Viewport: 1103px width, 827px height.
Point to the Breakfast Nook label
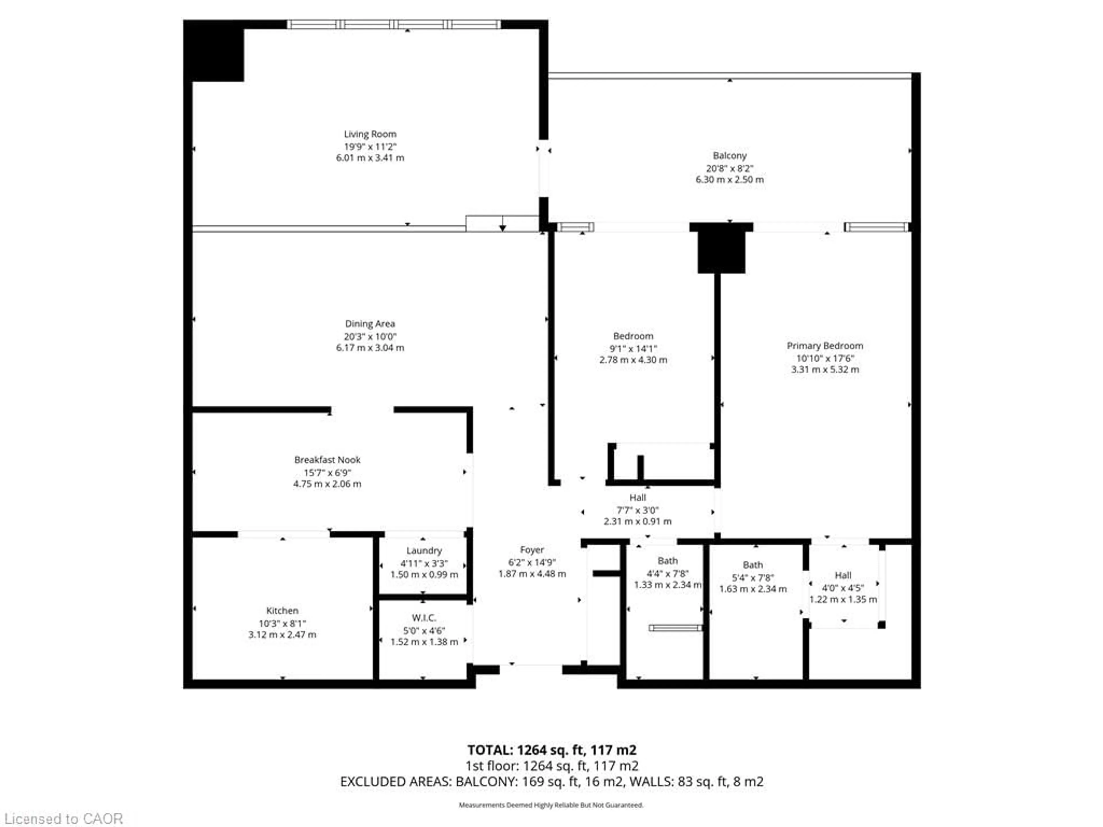tap(327, 460)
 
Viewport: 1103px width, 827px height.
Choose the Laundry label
tap(424, 550)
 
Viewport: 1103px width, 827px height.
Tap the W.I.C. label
tap(424, 618)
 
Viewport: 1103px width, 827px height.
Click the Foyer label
tap(532, 550)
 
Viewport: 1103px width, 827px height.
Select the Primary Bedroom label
tap(825, 345)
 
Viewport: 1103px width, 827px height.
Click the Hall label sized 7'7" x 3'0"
tap(637, 498)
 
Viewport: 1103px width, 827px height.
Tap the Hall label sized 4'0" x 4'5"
tap(843, 575)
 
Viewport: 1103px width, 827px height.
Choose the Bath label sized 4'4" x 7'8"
tap(667, 561)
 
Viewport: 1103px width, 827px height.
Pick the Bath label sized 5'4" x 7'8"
tap(753, 565)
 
